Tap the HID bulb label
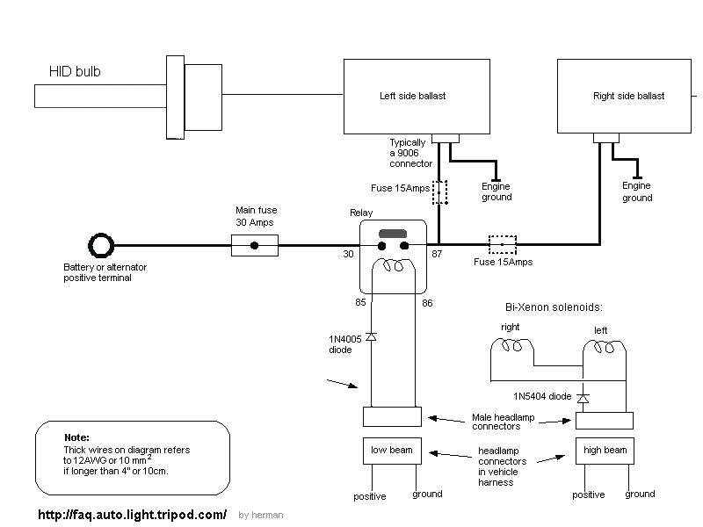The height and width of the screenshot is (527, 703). coord(74,72)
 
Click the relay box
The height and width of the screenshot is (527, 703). coord(393,256)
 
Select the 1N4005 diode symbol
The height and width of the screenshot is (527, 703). coord(371,336)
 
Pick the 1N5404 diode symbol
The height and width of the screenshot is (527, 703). coord(582,397)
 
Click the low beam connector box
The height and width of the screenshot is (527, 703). coord(392,451)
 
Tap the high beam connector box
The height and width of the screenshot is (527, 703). coord(604,451)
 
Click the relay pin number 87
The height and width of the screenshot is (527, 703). coord(438,254)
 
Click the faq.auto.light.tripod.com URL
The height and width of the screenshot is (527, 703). coord(132,514)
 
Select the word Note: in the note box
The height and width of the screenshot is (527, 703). coord(76,437)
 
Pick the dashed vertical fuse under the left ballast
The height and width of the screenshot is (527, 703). coord(439,192)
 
